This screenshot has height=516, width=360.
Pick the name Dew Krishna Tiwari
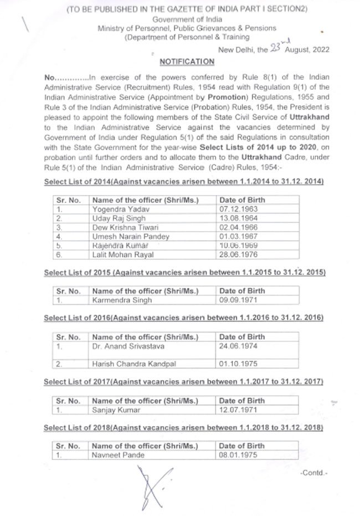coord(125,228)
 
